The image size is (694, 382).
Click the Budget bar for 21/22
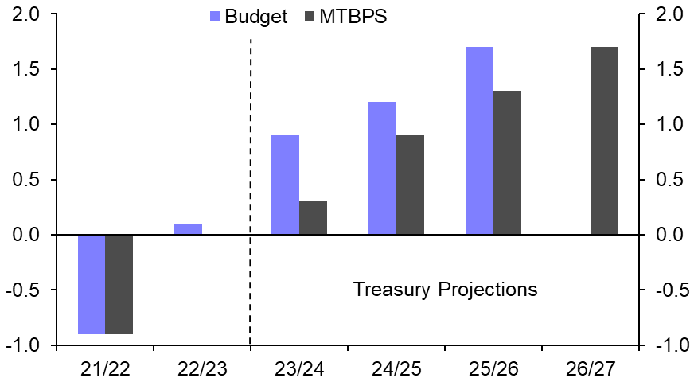pos(91,284)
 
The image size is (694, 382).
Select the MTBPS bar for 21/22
pos(119,284)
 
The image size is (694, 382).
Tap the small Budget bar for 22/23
pos(188,229)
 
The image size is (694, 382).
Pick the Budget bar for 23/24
pos(285,185)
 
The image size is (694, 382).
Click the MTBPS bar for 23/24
pos(313,218)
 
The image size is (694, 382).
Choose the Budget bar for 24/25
pos(382,168)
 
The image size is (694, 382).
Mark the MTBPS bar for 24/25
pos(410,185)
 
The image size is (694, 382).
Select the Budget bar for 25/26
pos(479,141)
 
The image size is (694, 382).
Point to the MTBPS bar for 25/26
pos(507,162)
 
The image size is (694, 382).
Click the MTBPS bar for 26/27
pos(604,141)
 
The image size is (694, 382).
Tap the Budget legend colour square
pos(215,17)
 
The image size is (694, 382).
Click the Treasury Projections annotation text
pos(445,289)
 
